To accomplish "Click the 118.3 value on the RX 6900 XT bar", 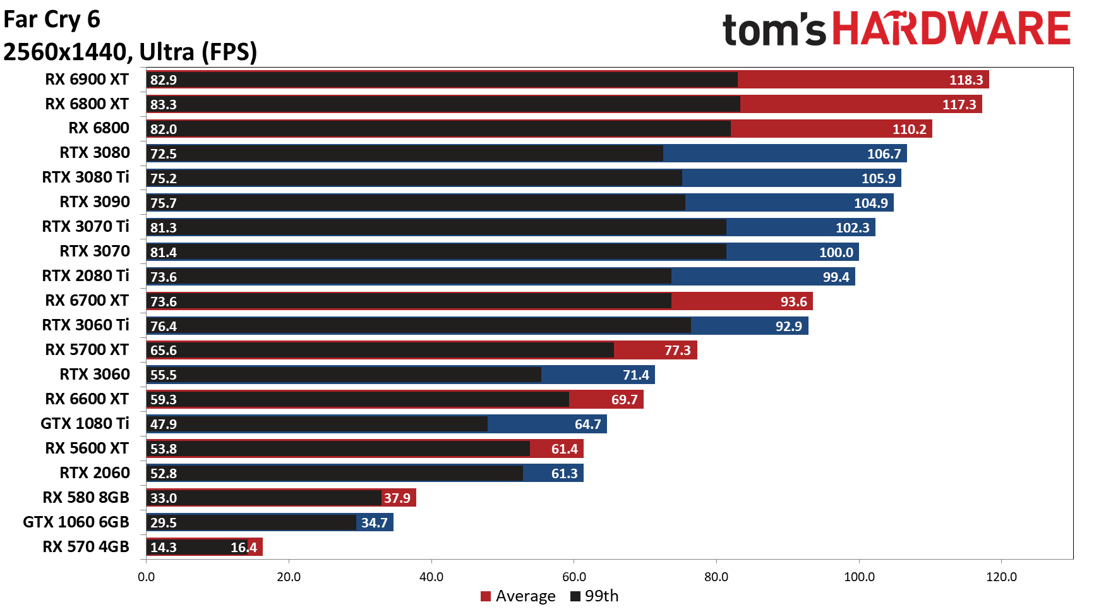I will click(966, 80).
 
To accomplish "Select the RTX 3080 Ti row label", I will click(85, 178).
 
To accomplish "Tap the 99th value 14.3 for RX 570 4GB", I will click(164, 548).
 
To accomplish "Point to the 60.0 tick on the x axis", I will click(574, 577).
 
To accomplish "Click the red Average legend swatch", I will click(486, 596).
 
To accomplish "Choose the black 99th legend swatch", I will click(575, 596).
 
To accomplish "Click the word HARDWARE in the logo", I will click(951, 29).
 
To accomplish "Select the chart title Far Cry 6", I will click(52, 20).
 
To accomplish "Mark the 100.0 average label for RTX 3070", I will click(836, 253).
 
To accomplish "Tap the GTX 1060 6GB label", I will click(76, 522).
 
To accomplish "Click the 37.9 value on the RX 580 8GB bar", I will click(397, 498).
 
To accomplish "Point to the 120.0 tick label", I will click(1001, 577).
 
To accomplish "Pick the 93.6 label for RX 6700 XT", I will click(793, 302).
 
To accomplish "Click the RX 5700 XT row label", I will click(87, 350).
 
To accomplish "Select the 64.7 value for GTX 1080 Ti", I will click(587, 424).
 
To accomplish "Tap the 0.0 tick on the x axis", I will click(146, 577).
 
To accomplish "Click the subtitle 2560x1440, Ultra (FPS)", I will click(130, 52).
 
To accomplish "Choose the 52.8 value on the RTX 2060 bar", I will click(164, 474).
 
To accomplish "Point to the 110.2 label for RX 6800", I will click(909, 129).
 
